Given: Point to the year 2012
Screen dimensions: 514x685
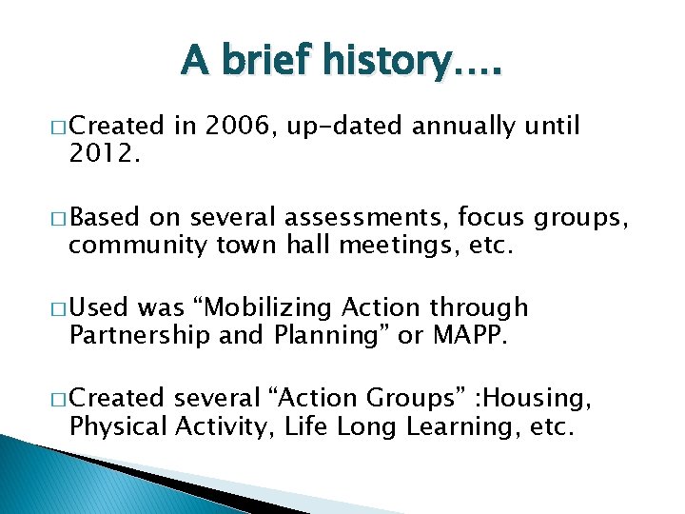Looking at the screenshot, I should pyautogui.click(x=103, y=154).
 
